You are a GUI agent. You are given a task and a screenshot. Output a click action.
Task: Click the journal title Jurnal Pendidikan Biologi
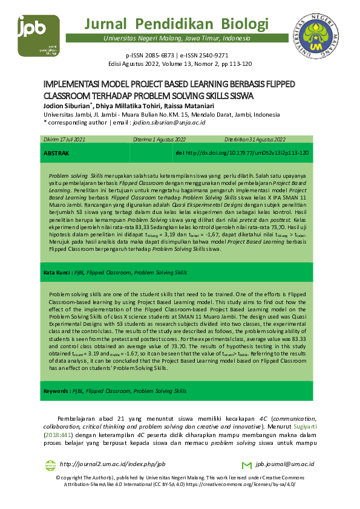(177, 24)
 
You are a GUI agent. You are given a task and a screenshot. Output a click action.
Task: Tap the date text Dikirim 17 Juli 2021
(65, 140)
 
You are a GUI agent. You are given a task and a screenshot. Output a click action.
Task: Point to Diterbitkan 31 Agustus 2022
(255, 140)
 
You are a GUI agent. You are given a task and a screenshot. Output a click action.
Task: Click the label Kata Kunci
(57, 273)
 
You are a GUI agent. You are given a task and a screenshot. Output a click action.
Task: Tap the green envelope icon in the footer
(246, 465)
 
